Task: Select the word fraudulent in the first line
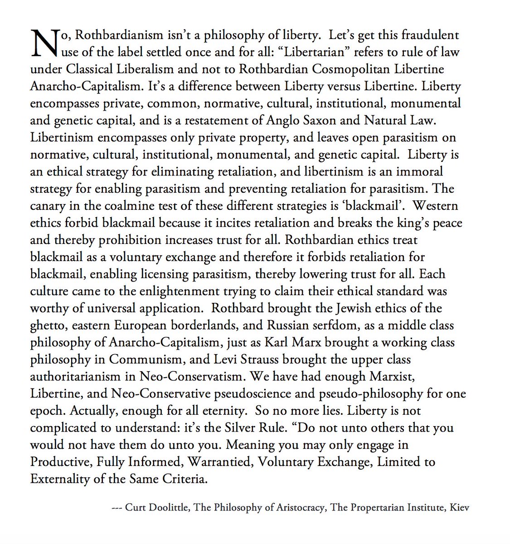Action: point(429,35)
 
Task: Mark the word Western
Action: point(436,206)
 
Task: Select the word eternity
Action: point(214,411)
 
